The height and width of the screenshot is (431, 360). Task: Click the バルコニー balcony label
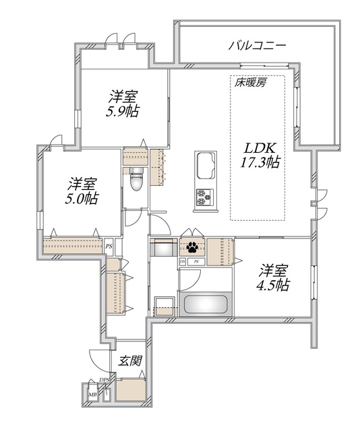pyautogui.click(x=258, y=46)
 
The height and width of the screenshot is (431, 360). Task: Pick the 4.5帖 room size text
pyautogui.click(x=274, y=286)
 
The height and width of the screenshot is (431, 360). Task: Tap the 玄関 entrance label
pyautogui.click(x=130, y=360)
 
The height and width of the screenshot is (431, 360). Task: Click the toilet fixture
pyautogui.click(x=135, y=180)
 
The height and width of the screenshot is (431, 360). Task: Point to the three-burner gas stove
pyautogui.click(x=204, y=197)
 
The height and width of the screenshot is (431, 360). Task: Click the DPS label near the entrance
pyautogui.click(x=104, y=380)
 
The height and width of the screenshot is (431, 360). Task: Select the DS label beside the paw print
pyautogui.click(x=183, y=261)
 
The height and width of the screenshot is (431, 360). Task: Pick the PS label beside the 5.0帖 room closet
pyautogui.click(x=109, y=246)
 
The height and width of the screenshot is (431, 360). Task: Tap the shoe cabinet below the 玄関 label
pyautogui.click(x=130, y=389)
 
